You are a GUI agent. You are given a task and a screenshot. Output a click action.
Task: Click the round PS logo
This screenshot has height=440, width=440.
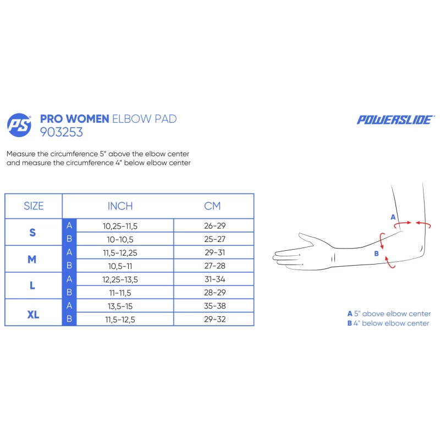19,125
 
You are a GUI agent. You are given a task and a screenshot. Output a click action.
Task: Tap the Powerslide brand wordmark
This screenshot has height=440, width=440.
395,120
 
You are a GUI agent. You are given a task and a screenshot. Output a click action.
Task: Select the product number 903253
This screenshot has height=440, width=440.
62,132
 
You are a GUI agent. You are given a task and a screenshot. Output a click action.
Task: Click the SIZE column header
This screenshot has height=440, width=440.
34,206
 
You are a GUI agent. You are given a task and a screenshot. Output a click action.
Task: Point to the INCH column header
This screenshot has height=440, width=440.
120,206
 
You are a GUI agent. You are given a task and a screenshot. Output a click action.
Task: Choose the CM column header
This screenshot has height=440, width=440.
212,206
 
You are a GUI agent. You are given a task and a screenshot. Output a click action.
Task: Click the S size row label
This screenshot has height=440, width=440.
32,232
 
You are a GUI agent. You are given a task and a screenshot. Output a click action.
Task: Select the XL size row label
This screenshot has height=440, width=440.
33,315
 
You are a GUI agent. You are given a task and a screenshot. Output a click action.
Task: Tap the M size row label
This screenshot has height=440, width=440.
32,259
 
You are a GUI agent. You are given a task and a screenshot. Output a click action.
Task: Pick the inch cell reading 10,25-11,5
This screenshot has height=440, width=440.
120,226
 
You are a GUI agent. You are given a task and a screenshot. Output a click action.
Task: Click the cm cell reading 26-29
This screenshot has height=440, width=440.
215,226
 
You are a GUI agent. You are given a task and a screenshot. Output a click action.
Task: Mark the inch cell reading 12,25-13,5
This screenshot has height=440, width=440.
120,279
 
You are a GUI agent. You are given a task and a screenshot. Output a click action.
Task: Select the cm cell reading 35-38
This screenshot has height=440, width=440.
215,306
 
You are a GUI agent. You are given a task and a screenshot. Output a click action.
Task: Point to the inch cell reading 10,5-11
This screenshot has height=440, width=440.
120,266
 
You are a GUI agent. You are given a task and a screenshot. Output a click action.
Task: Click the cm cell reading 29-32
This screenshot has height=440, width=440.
215,319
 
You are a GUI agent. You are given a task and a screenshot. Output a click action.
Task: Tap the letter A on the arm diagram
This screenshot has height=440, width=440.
393,217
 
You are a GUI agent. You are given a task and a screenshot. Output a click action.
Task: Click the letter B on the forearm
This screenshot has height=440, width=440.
377,254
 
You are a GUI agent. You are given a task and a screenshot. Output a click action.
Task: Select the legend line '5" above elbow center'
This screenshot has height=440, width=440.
389,313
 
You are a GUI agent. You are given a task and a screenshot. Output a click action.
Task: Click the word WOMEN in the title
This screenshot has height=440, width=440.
87,119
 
